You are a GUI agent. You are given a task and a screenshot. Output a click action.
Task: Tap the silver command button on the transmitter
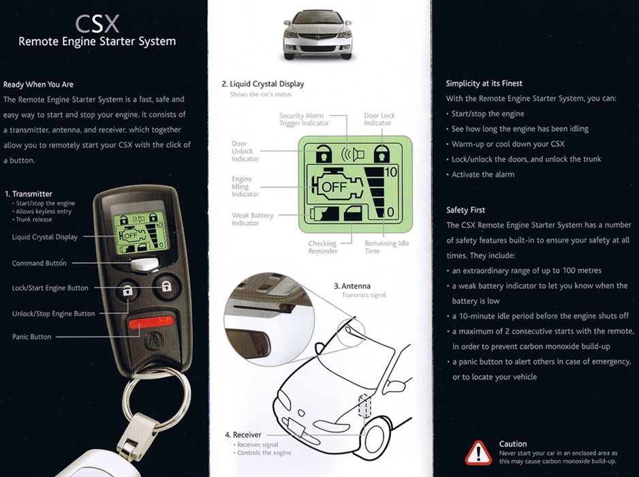[x=145, y=264]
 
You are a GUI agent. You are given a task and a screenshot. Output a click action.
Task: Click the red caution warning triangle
[x=478, y=452]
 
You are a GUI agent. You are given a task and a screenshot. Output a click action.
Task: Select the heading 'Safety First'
[x=465, y=210]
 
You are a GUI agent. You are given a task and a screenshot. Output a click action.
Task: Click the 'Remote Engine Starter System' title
[x=97, y=42]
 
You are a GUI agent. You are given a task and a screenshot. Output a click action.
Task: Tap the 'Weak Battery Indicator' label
[x=252, y=219]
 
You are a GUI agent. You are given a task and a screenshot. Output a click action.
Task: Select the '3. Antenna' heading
[x=352, y=286]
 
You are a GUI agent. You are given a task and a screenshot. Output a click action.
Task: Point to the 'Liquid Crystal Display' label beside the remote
[x=45, y=237]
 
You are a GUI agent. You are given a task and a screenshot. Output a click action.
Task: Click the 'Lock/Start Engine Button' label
[x=50, y=288]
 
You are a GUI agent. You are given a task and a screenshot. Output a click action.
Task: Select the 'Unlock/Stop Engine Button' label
[x=54, y=314]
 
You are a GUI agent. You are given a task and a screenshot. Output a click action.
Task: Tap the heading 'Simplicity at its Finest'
[x=484, y=83]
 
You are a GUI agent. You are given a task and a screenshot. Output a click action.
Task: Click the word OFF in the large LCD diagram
[x=334, y=185]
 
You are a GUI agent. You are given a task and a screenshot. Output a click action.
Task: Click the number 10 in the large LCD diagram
[x=390, y=172]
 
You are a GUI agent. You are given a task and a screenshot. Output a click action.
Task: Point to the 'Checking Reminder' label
[x=322, y=247]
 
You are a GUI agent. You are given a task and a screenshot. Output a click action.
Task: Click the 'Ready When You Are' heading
[x=39, y=84]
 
